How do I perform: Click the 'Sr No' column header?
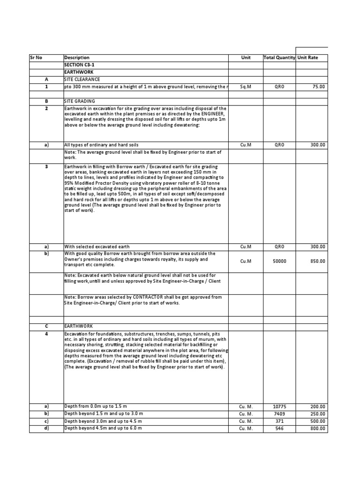tap(36, 58)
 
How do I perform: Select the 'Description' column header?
tap(76, 58)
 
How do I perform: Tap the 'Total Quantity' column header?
tap(279, 58)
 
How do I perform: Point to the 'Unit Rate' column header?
tap(307, 58)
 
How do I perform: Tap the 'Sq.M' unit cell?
tap(246, 87)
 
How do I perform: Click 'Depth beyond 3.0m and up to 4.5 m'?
tap(103, 421)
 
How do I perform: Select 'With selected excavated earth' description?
tap(97, 247)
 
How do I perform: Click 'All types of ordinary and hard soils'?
tap(101, 145)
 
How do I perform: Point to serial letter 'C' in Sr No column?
tap(46, 326)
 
